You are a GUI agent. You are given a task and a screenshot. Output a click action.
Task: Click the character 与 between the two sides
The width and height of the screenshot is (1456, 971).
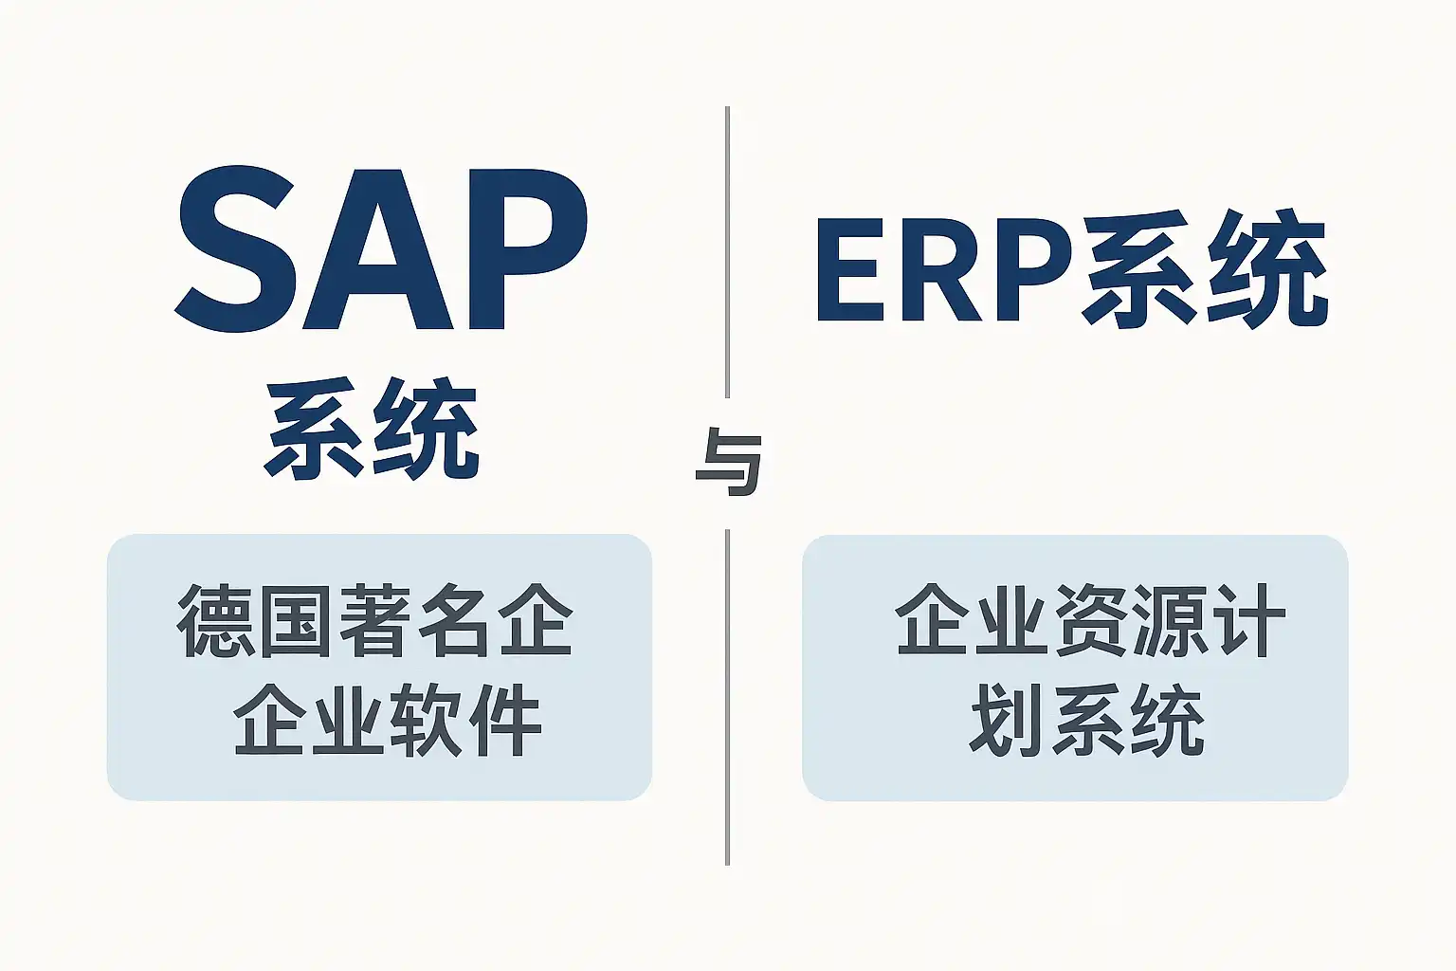coord(728,462)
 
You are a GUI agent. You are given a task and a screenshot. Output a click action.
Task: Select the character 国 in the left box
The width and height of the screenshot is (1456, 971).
coord(297,620)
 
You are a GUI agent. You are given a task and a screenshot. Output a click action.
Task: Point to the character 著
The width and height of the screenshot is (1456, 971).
coord(377,620)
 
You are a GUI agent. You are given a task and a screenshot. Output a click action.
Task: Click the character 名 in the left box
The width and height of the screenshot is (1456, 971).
coord(457,620)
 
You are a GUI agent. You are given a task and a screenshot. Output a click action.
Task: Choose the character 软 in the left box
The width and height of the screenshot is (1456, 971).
coord(424,720)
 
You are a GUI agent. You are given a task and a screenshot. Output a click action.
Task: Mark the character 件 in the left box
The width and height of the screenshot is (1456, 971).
coord(504,720)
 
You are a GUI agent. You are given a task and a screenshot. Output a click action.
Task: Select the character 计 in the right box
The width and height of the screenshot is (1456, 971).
coord(1249,620)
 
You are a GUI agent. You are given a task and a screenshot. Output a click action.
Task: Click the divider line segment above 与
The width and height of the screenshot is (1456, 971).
coord(727,251)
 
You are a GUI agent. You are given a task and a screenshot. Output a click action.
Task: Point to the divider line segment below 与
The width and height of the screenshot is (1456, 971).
coord(727,697)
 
